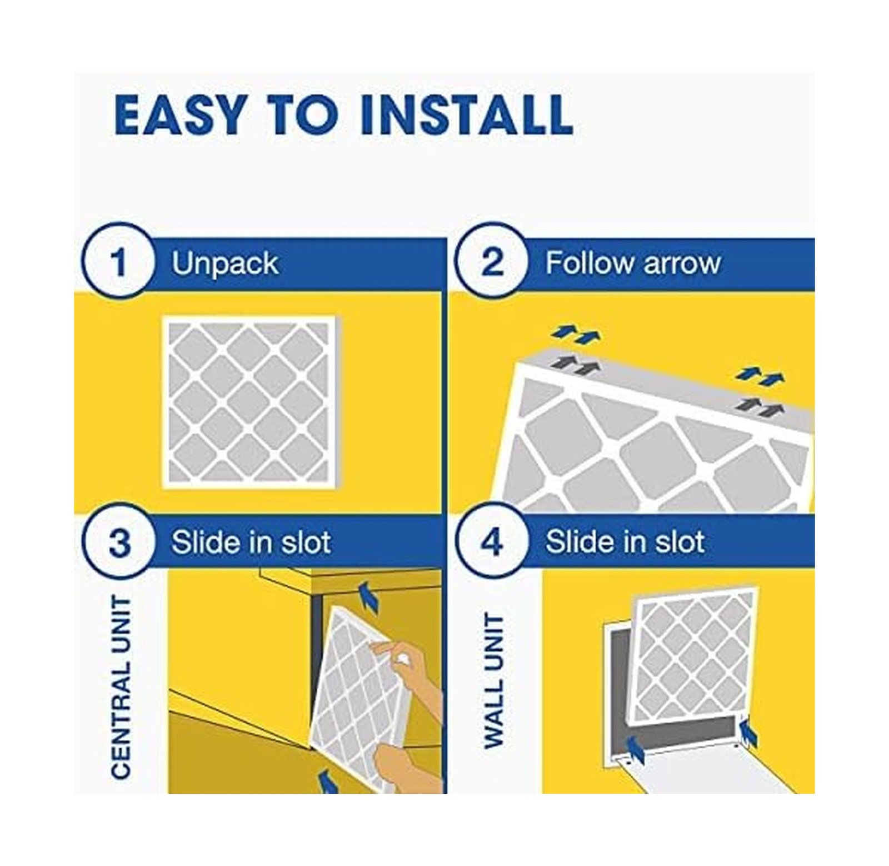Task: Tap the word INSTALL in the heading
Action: tap(466, 116)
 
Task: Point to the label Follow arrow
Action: tap(633, 263)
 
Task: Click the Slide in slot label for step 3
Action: tap(251, 542)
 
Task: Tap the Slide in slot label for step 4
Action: tap(625, 542)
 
